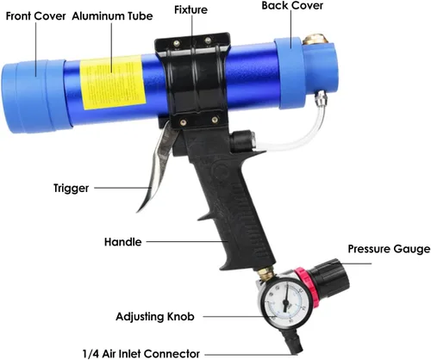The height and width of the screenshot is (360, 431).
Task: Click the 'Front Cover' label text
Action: (35, 16)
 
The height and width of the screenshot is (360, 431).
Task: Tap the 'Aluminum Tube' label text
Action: (112, 16)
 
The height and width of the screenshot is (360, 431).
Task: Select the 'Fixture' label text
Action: (191, 9)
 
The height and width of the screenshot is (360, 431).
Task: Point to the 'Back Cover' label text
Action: (292, 6)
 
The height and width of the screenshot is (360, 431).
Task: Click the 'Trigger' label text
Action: (72, 189)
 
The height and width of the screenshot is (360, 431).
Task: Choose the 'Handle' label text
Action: (123, 242)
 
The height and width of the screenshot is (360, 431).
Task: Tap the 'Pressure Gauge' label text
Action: (389, 249)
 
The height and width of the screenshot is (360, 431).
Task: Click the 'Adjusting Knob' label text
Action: (155, 317)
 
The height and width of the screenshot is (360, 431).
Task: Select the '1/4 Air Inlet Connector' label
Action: (141, 354)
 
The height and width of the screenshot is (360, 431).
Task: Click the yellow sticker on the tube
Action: (113, 83)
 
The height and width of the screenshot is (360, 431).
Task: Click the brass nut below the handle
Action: (265, 273)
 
